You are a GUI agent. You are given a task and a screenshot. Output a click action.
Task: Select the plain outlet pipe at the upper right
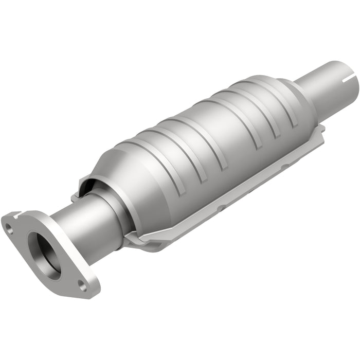[329, 87]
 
